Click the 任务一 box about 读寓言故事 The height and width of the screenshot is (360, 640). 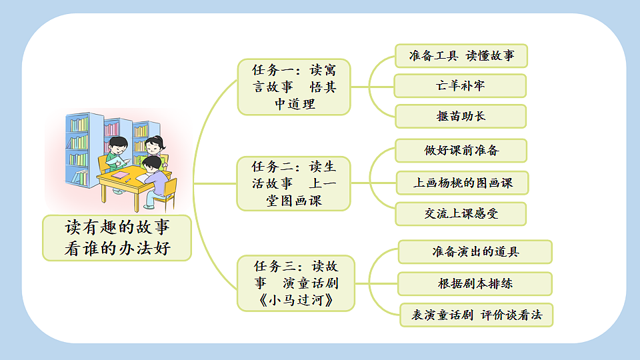tap(294, 87)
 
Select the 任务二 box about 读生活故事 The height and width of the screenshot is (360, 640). tap(294, 183)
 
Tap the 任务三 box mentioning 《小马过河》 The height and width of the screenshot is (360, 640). tap(296, 283)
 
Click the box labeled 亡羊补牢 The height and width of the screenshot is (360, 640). tap(460, 86)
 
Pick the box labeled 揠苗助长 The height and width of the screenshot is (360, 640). tap(460, 116)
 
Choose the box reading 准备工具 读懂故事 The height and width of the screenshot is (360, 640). tap(461, 56)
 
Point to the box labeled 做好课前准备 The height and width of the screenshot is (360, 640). tap(461, 151)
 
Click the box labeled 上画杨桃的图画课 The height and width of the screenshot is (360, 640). tap(463, 183)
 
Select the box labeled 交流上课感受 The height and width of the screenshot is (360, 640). tap(461, 214)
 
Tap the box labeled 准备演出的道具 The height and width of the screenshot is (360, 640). tap(475, 252)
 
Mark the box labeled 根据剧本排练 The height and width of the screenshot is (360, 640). tap(475, 283)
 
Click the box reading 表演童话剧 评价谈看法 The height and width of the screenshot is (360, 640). tap(476, 315)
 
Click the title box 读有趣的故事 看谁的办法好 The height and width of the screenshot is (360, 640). tap(117, 238)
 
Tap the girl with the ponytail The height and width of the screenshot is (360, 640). tap(154, 147)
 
